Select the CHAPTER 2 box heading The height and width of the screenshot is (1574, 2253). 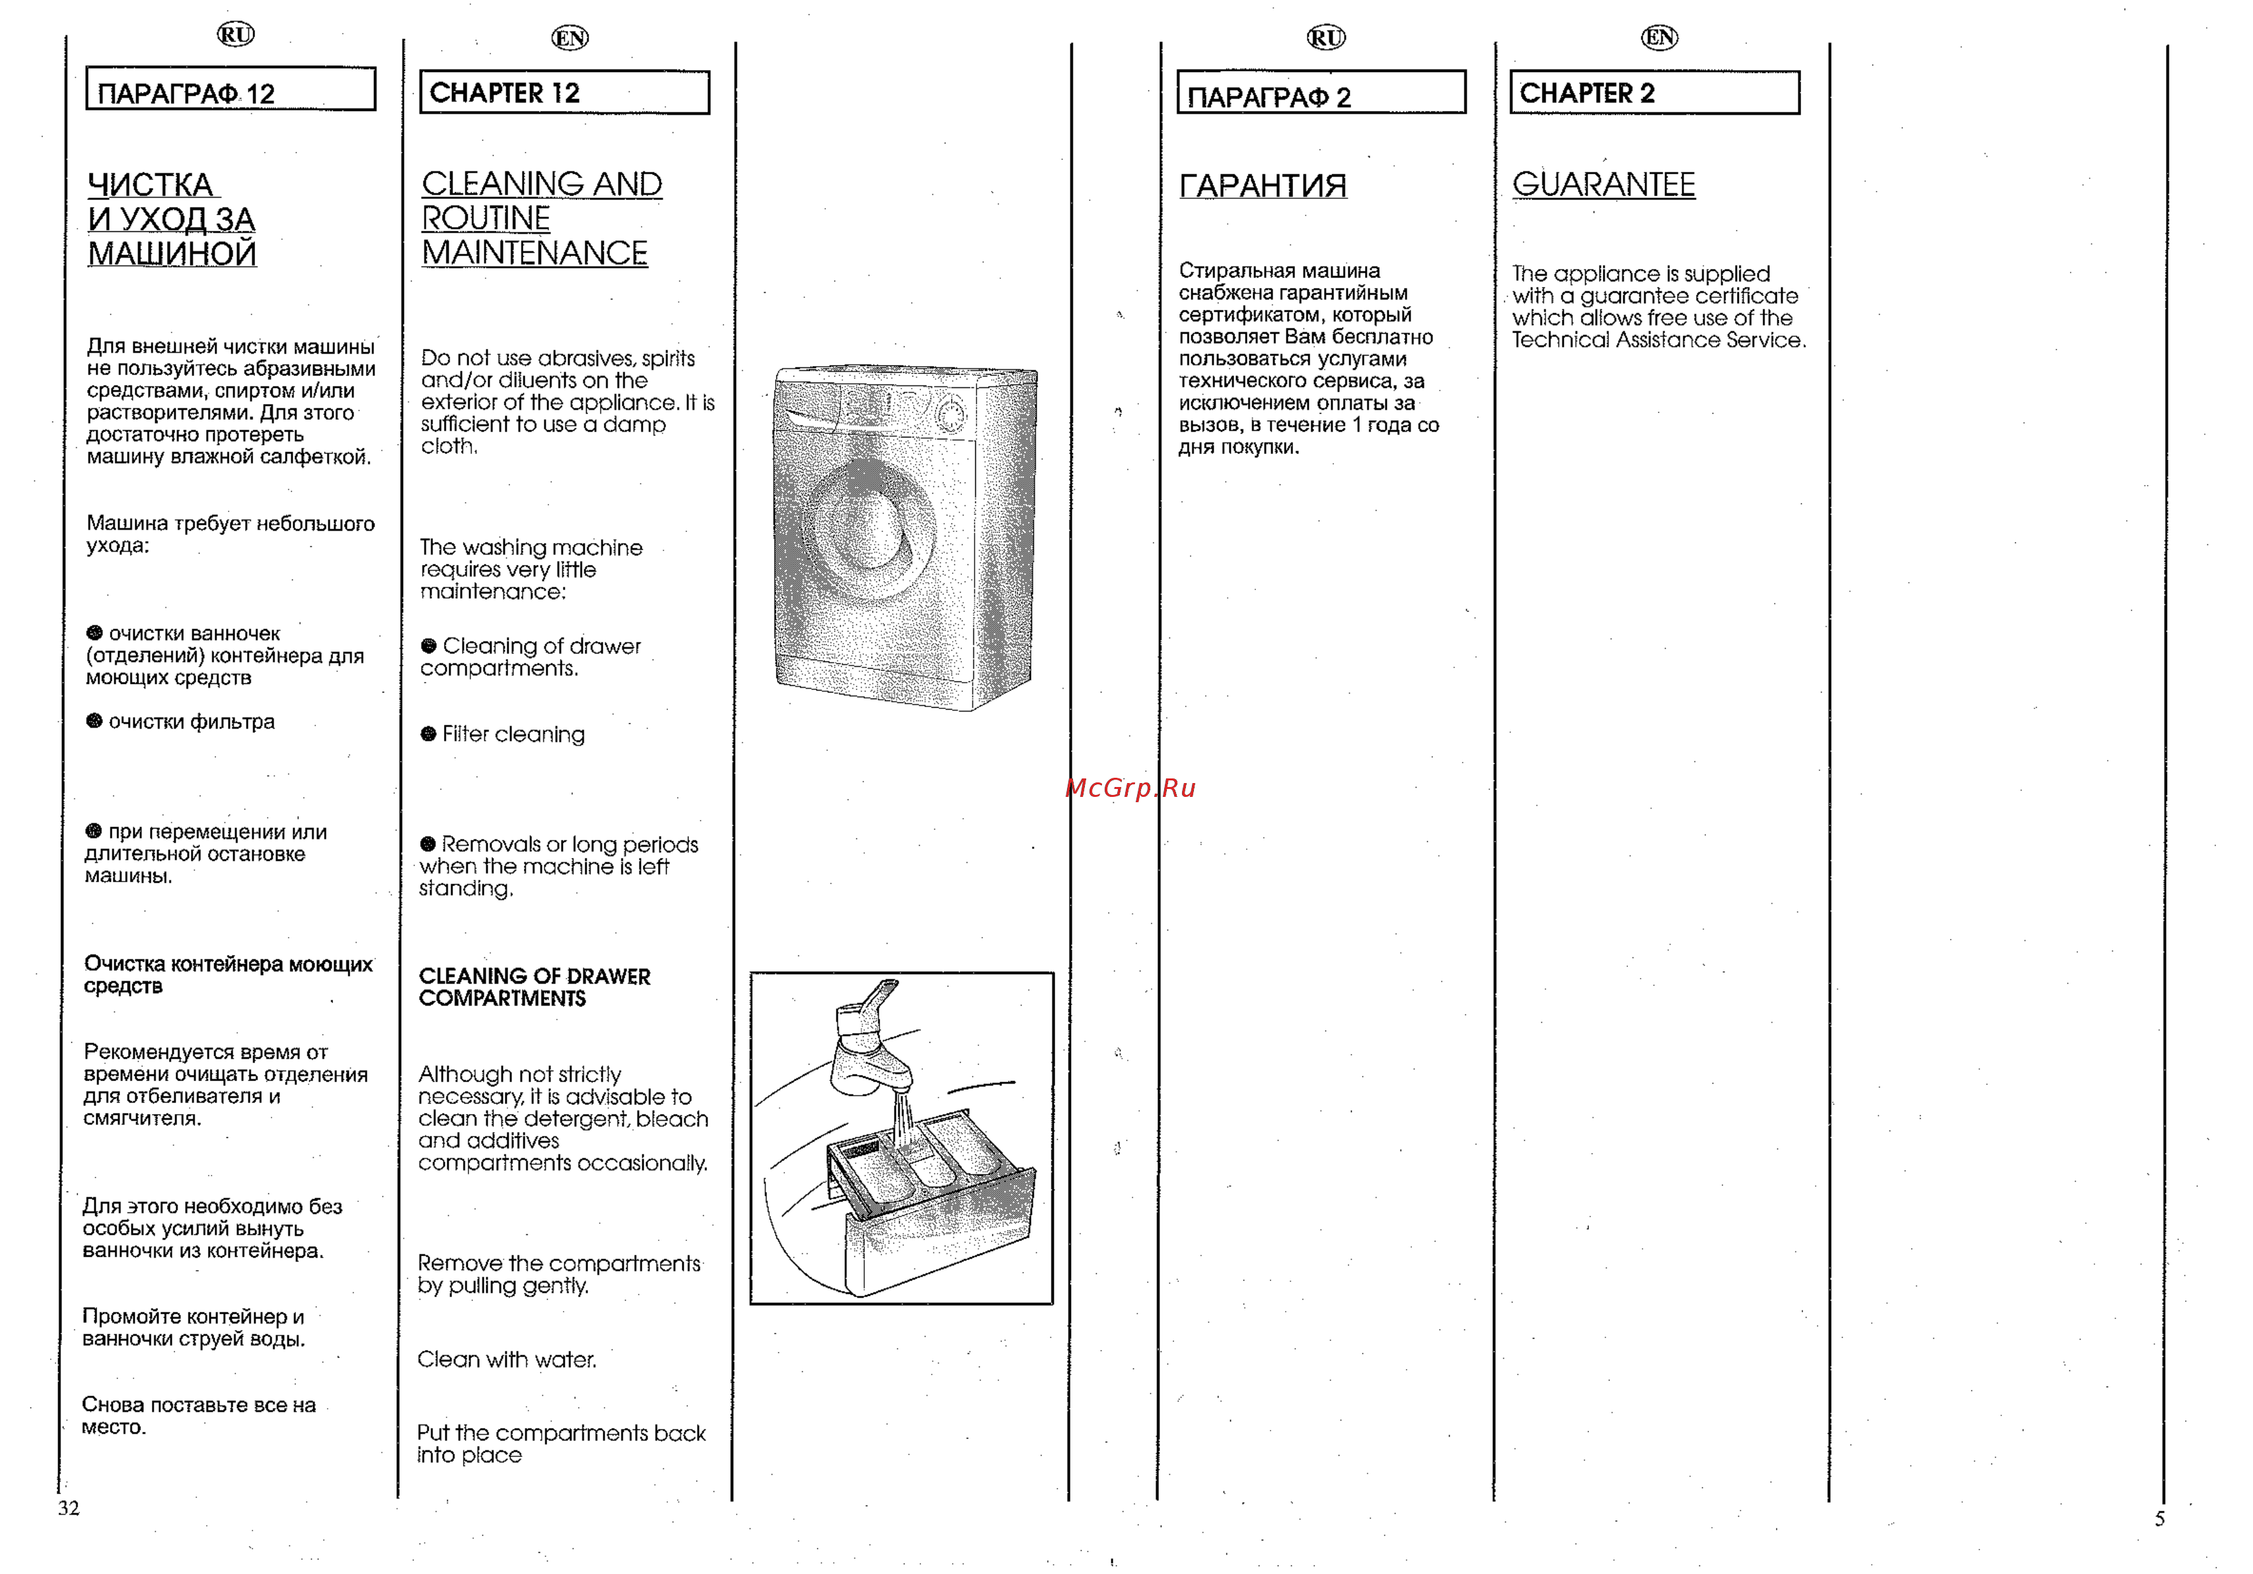(1654, 93)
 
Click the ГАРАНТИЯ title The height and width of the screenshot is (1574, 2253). (1262, 186)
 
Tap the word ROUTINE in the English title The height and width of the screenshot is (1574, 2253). (486, 218)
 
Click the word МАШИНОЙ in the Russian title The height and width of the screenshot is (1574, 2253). (172, 253)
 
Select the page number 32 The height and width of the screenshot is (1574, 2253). (69, 1507)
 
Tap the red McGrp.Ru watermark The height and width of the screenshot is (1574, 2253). (1130, 788)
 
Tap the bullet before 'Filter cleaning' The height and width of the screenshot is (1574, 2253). (428, 734)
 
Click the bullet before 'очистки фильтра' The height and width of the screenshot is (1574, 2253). (94, 722)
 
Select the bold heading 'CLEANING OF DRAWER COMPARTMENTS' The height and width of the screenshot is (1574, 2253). (534, 986)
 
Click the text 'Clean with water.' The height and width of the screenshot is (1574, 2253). (506, 1359)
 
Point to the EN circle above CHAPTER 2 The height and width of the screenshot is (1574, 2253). (1658, 37)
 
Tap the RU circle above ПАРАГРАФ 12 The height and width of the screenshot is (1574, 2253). (235, 34)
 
